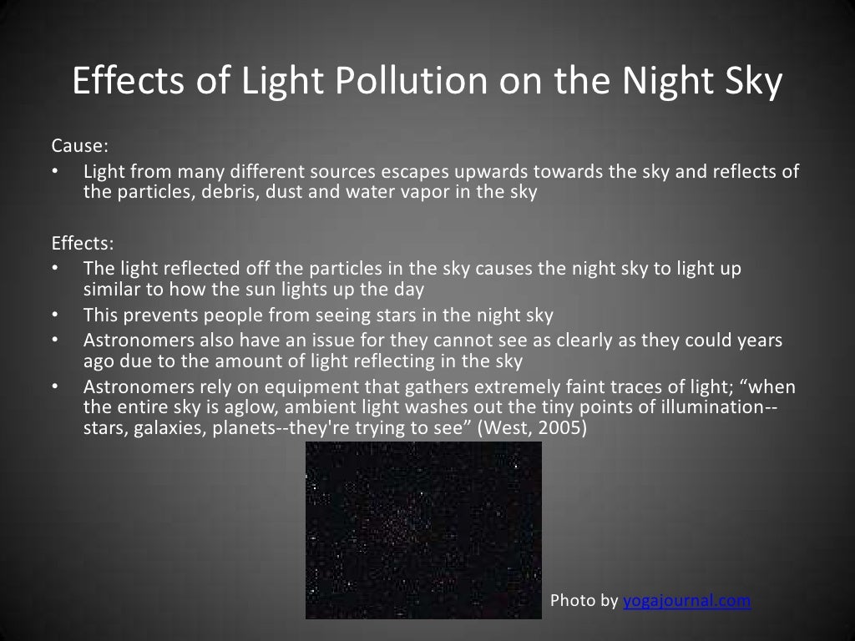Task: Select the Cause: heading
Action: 80,146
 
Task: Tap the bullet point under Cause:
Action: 55,173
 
